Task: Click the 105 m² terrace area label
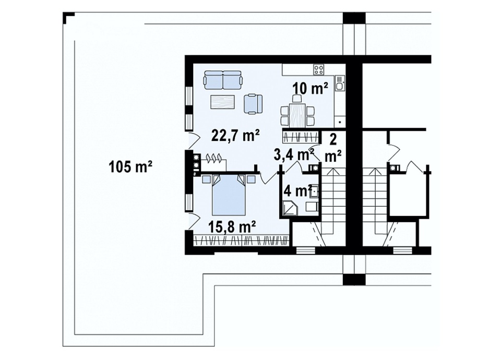(130, 166)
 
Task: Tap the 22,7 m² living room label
(236, 136)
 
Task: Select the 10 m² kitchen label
(311, 89)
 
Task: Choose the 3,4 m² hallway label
(293, 154)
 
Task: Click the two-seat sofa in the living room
(223, 80)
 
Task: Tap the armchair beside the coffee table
(254, 103)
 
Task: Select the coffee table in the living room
(223, 103)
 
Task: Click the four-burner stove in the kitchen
(318, 69)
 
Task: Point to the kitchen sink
(339, 83)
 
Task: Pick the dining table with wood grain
(297, 113)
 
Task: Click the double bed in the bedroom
(229, 195)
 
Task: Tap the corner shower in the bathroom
(290, 209)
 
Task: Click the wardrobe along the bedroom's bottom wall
(242, 240)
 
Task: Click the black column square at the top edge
(354, 18)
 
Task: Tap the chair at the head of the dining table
(298, 98)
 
